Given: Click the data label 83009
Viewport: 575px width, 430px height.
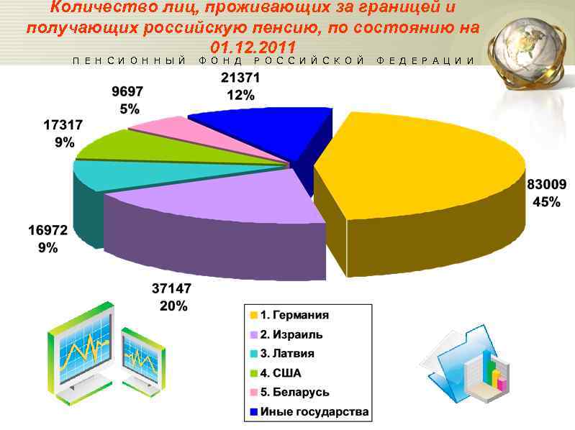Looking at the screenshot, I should [546, 185].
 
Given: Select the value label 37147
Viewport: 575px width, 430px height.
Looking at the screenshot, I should [171, 289].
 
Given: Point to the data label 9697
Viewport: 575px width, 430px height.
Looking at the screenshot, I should [128, 92].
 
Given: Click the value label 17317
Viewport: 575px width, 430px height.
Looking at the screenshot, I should [63, 125].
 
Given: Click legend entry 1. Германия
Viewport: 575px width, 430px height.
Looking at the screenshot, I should [294, 315].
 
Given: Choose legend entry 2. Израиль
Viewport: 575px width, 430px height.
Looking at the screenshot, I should [291, 334].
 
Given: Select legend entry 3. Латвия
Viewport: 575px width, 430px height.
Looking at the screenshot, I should [287, 354].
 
